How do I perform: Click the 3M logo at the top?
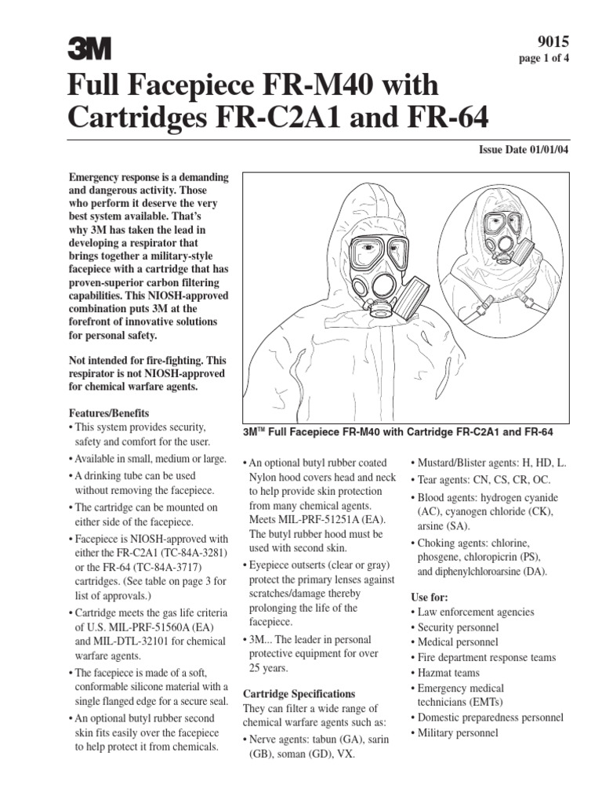(x=87, y=51)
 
